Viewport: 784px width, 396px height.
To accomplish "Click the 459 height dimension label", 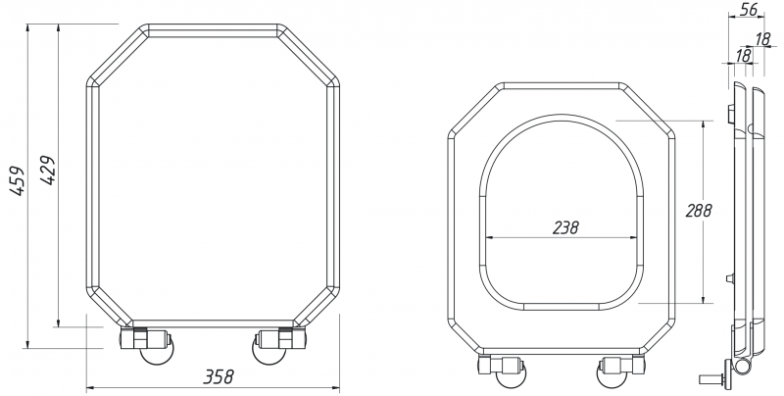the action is pos(17,180).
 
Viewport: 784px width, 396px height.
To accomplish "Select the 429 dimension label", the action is pos(47,170).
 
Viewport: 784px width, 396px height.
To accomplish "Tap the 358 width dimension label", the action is pos(218,376).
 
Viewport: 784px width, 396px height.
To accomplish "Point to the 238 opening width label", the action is pos(565,227).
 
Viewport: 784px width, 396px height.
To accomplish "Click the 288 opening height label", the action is pos(699,211).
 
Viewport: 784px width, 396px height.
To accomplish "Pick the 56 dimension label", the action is pos(749,9).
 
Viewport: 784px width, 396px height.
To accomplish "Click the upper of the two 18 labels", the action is pos(763,39).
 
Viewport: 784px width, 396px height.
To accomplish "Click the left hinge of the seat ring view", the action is pos(503,371).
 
